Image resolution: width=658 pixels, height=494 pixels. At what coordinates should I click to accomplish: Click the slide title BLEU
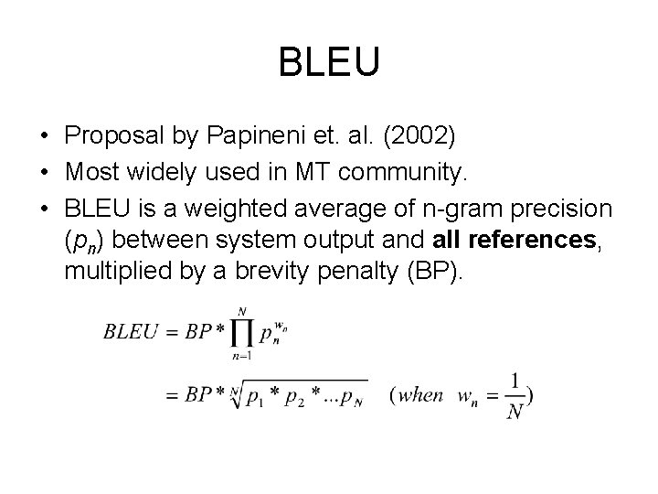point(328,63)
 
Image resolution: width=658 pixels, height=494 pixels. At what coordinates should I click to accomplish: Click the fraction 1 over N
point(516,396)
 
